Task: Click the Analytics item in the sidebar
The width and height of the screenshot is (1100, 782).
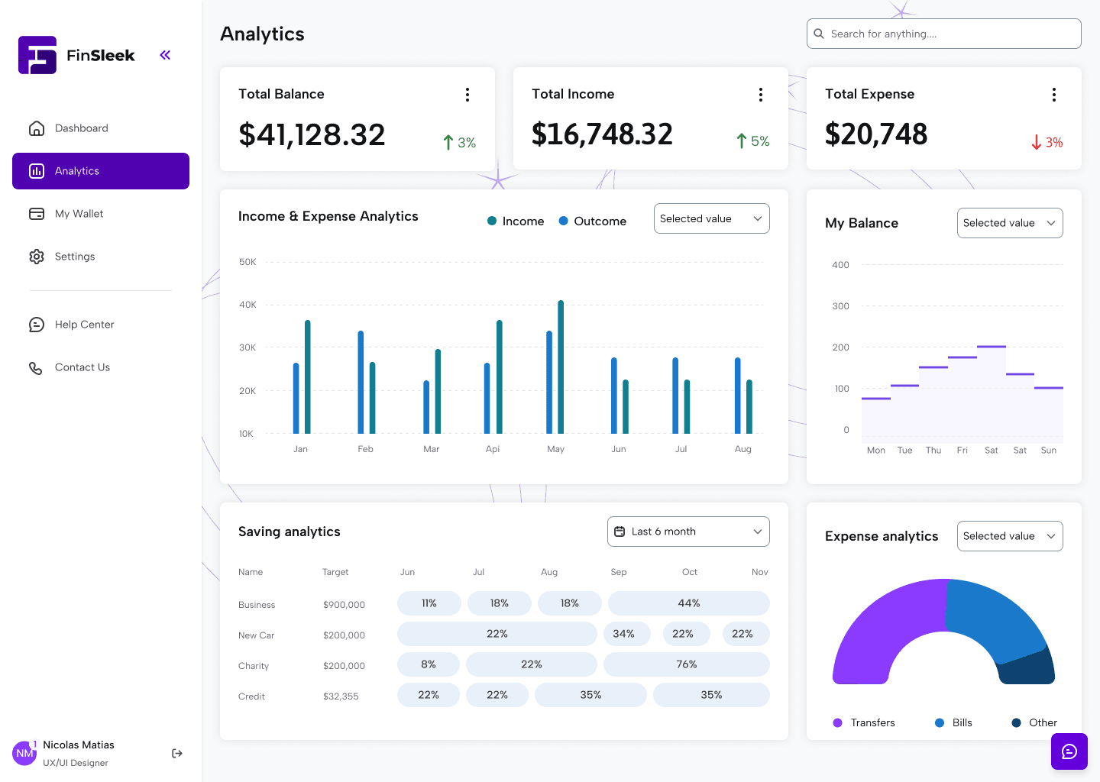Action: click(x=100, y=171)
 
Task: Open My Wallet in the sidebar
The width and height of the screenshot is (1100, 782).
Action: click(x=78, y=214)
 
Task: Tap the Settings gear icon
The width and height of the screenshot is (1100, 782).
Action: click(x=37, y=257)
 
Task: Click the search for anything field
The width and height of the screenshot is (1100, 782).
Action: click(x=943, y=34)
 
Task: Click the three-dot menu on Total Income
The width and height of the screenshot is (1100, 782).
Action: click(x=760, y=95)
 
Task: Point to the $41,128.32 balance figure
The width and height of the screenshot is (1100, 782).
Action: click(x=312, y=135)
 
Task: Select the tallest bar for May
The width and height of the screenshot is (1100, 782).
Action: click(x=561, y=367)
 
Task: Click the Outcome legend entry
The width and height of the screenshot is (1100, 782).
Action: click(x=593, y=221)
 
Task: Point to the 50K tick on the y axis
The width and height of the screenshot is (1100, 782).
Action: click(x=247, y=262)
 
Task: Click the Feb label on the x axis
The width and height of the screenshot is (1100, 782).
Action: click(x=365, y=449)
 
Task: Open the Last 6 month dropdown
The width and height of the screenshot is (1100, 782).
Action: click(x=688, y=532)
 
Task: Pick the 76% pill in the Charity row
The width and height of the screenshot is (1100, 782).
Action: click(x=686, y=664)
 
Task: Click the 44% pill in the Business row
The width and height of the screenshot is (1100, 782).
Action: click(x=688, y=603)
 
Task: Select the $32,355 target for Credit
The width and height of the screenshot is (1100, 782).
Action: click(x=341, y=696)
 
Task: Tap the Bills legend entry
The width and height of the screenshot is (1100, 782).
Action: click(x=954, y=722)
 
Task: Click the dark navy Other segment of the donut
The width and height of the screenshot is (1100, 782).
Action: click(x=1027, y=669)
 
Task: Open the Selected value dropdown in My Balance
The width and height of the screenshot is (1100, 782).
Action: click(x=1009, y=223)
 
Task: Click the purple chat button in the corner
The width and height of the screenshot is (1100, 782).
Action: click(x=1069, y=751)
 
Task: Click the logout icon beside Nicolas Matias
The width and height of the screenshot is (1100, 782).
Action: click(x=177, y=754)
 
